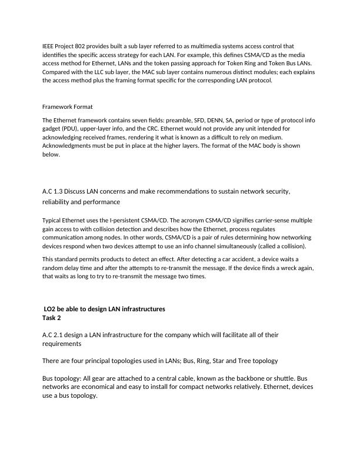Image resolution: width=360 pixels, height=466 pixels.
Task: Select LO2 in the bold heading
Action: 52,309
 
